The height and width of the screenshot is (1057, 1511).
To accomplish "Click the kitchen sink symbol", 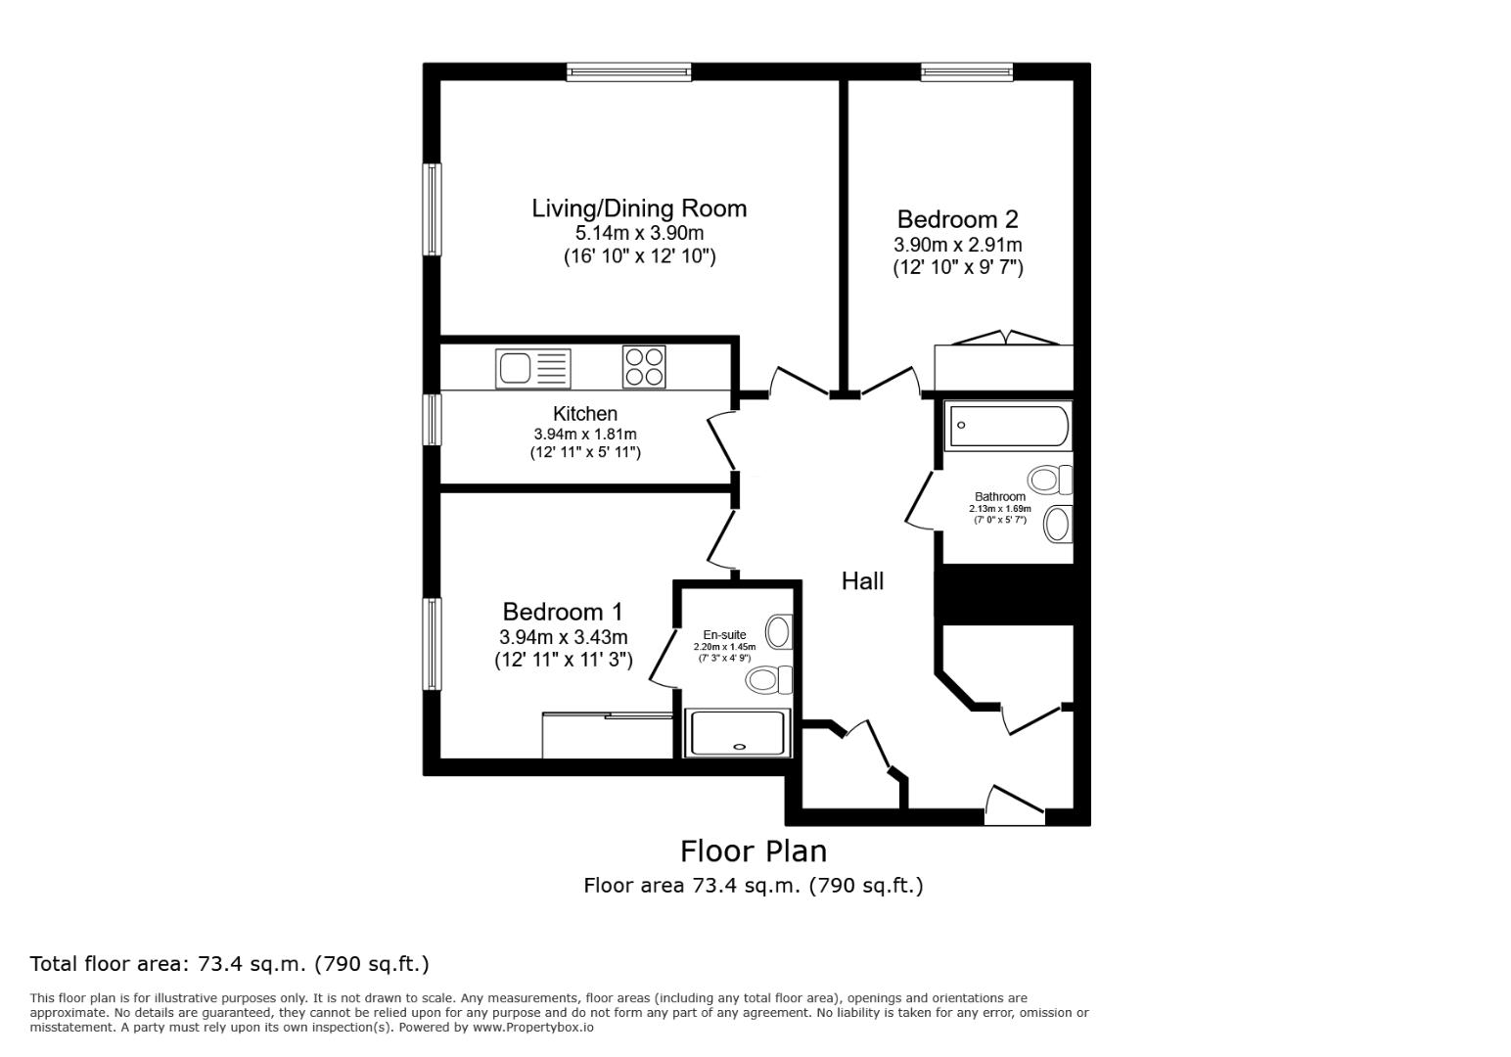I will point(533,368).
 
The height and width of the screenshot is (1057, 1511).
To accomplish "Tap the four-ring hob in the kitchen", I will point(644,367).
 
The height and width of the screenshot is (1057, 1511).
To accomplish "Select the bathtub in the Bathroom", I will point(1007,426).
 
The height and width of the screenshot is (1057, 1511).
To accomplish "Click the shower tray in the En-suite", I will point(738,733).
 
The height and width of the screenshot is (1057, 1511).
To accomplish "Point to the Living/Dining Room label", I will point(639,208).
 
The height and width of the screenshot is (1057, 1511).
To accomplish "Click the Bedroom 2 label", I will point(957,219).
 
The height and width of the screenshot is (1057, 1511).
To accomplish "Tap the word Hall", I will point(862,581).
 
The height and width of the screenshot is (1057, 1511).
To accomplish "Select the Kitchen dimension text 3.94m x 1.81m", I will point(585,435).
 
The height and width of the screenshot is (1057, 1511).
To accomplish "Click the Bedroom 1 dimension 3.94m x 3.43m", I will point(563,637).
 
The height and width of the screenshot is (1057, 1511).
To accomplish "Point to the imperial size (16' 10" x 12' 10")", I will point(639,256).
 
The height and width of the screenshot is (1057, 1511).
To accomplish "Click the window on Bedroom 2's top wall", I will point(966,71).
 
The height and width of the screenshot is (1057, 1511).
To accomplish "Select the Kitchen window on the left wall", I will point(432,419).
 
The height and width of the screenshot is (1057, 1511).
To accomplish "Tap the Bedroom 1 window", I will point(432,643).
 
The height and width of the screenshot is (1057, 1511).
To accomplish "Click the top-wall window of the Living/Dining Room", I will point(629,71).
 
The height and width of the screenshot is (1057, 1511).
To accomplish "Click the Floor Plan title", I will point(754,850).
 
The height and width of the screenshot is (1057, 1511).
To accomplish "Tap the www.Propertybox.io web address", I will point(532,1028).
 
